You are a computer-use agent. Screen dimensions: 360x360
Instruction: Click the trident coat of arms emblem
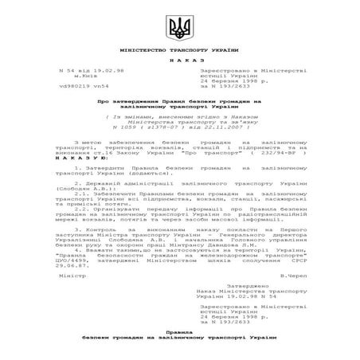click(x=180, y=30)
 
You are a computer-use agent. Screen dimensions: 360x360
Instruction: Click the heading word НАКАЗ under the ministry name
click(x=180, y=61)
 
